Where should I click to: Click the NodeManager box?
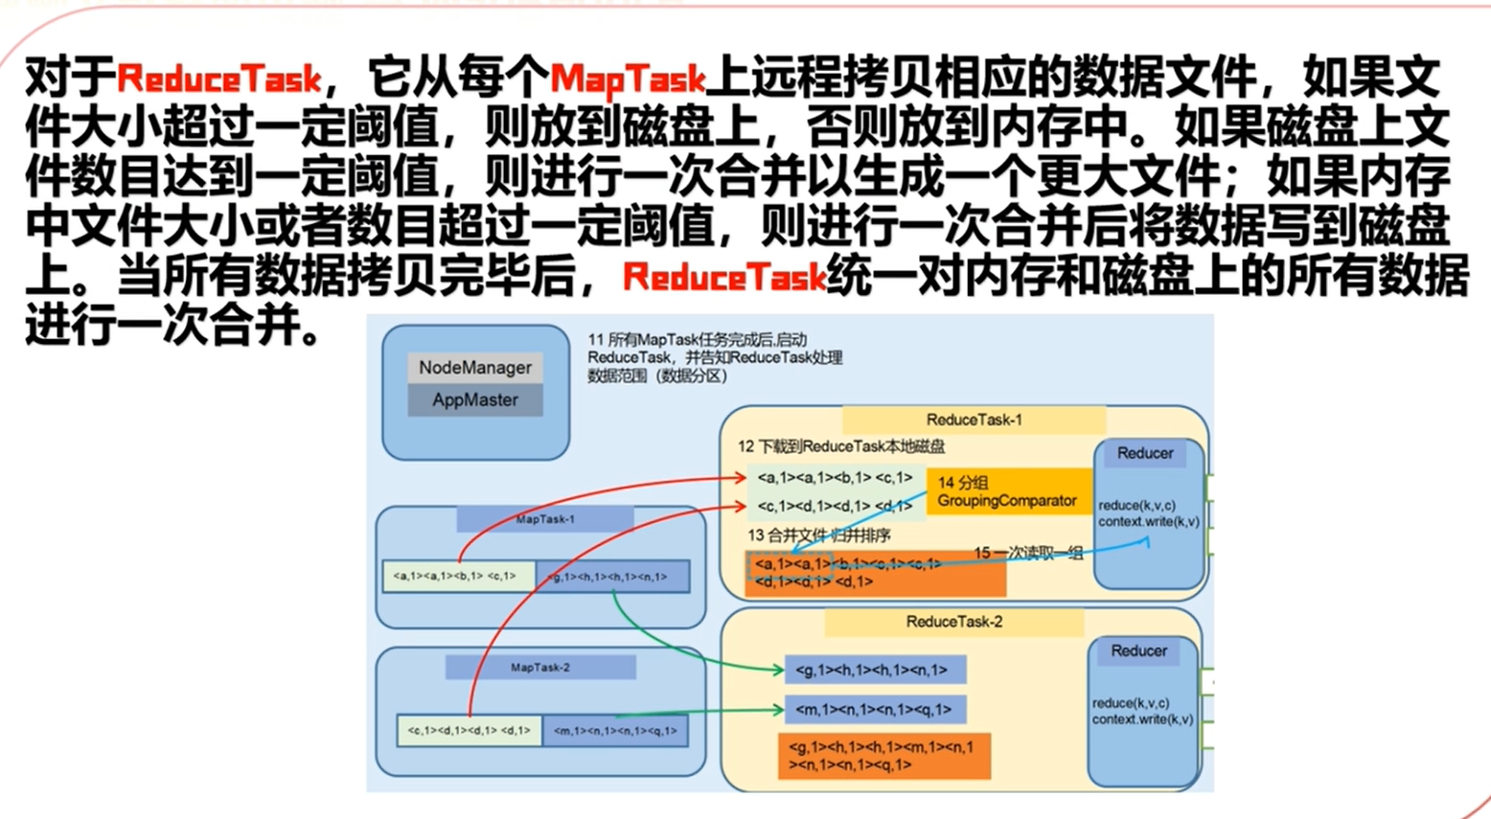(475, 368)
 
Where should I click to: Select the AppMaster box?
(475, 400)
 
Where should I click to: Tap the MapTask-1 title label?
(544, 519)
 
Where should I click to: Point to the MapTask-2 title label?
(540, 668)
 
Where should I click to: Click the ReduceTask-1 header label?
(974, 420)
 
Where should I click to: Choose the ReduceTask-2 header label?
(953, 623)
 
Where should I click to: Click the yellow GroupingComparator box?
(1008, 491)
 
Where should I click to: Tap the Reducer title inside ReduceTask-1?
(1145, 454)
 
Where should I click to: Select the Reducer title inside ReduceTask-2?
(1138, 651)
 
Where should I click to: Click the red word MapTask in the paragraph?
(628, 78)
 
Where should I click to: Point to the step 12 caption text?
(841, 446)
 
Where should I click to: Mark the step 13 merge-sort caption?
(819, 535)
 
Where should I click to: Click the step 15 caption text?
(1028, 553)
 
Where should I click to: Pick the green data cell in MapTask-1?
(459, 577)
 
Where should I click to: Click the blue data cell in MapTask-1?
(613, 577)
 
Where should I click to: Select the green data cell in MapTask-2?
(469, 731)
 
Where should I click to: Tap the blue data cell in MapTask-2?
(615, 731)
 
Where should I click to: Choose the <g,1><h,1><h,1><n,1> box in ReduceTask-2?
(874, 671)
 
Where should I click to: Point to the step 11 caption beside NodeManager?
(714, 357)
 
